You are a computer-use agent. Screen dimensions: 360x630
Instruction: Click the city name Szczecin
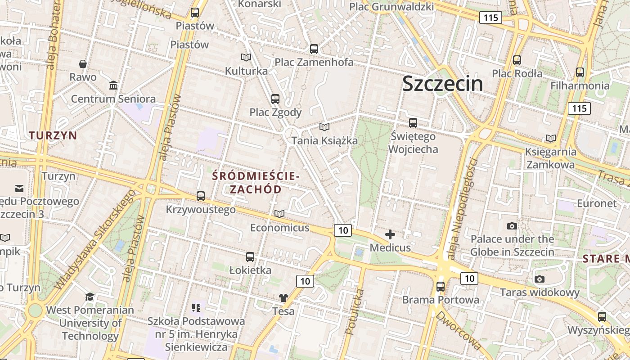(x=442, y=84)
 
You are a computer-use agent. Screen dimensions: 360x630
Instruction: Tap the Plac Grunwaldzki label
(x=391, y=7)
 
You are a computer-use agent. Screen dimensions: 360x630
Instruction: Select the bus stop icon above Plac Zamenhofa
(x=314, y=49)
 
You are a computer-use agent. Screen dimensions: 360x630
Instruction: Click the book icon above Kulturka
(x=246, y=58)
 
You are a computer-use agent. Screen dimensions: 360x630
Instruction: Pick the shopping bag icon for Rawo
(x=83, y=64)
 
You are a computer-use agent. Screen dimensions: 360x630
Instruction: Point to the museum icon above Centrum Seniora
(x=113, y=85)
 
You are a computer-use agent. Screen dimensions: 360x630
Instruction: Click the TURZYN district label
(x=53, y=135)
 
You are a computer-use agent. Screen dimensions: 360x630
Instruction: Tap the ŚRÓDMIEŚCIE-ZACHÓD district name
(x=256, y=182)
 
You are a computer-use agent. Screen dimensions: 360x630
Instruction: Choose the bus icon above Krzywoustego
(x=201, y=196)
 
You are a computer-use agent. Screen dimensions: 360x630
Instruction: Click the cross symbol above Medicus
(x=390, y=234)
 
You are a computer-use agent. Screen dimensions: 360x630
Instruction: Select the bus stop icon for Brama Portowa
(x=441, y=286)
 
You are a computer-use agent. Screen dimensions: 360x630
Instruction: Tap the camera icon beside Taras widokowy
(x=540, y=279)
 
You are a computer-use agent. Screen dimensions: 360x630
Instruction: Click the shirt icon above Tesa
(x=283, y=297)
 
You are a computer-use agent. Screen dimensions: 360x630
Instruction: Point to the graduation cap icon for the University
(x=90, y=297)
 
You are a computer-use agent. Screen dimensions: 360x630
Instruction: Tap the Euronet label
(x=597, y=203)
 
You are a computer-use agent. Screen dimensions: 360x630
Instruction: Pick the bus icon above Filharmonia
(x=580, y=72)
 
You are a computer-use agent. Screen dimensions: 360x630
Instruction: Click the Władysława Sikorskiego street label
(x=95, y=239)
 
